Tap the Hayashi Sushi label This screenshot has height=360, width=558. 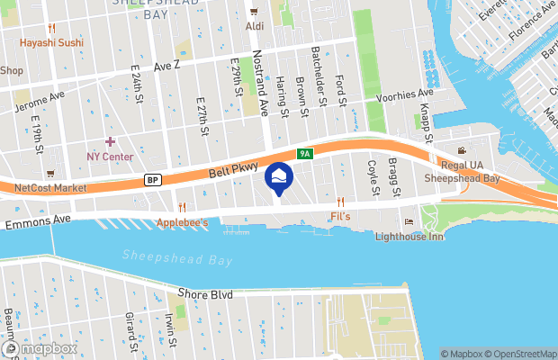(x=54, y=41)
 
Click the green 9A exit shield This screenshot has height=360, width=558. (x=305, y=154)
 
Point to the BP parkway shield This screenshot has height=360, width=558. (x=154, y=180)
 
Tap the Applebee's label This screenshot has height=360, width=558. (x=183, y=222)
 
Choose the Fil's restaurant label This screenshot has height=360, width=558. (x=340, y=217)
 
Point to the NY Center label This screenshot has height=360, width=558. (x=110, y=157)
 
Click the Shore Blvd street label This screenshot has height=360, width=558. (x=206, y=294)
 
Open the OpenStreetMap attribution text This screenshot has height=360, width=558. (x=520, y=354)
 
